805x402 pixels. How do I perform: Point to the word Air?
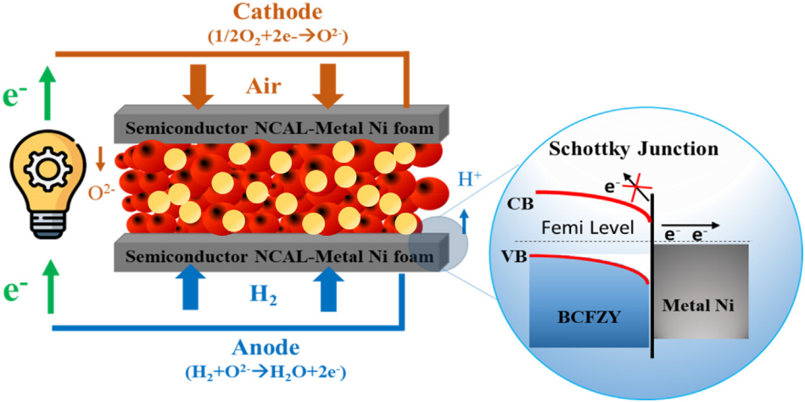(x=262, y=88)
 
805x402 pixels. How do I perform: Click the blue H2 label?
(x=261, y=293)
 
